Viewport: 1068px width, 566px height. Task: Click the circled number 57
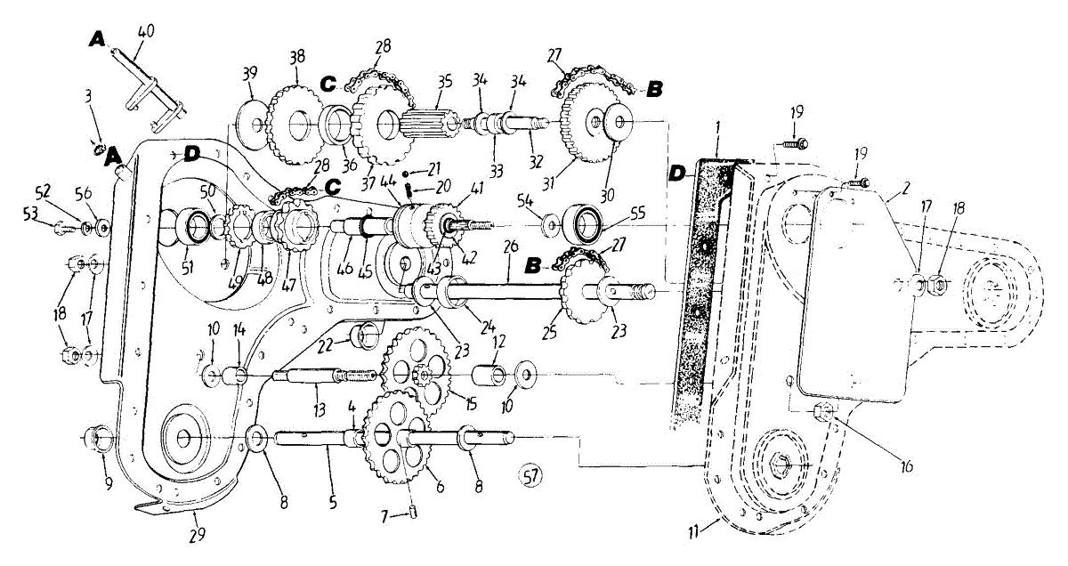pos(531,477)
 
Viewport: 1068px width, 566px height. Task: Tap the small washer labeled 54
pos(551,220)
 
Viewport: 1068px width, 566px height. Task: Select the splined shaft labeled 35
pos(430,123)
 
